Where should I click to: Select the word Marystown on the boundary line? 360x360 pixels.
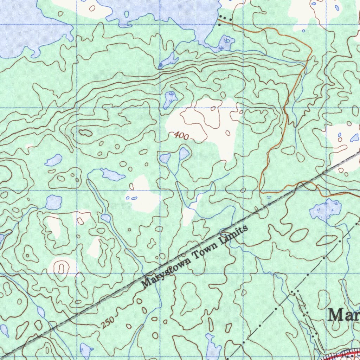tap(166, 271)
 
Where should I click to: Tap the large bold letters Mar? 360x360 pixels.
tap(343, 315)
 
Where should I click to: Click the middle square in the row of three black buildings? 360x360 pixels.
tap(225, 18)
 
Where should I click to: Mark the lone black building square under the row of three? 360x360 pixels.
tap(220, 25)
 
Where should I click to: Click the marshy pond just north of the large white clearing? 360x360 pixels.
tap(170, 99)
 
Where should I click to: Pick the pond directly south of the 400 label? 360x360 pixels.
tap(184, 153)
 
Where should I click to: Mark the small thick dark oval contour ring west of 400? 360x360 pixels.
tap(84, 132)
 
